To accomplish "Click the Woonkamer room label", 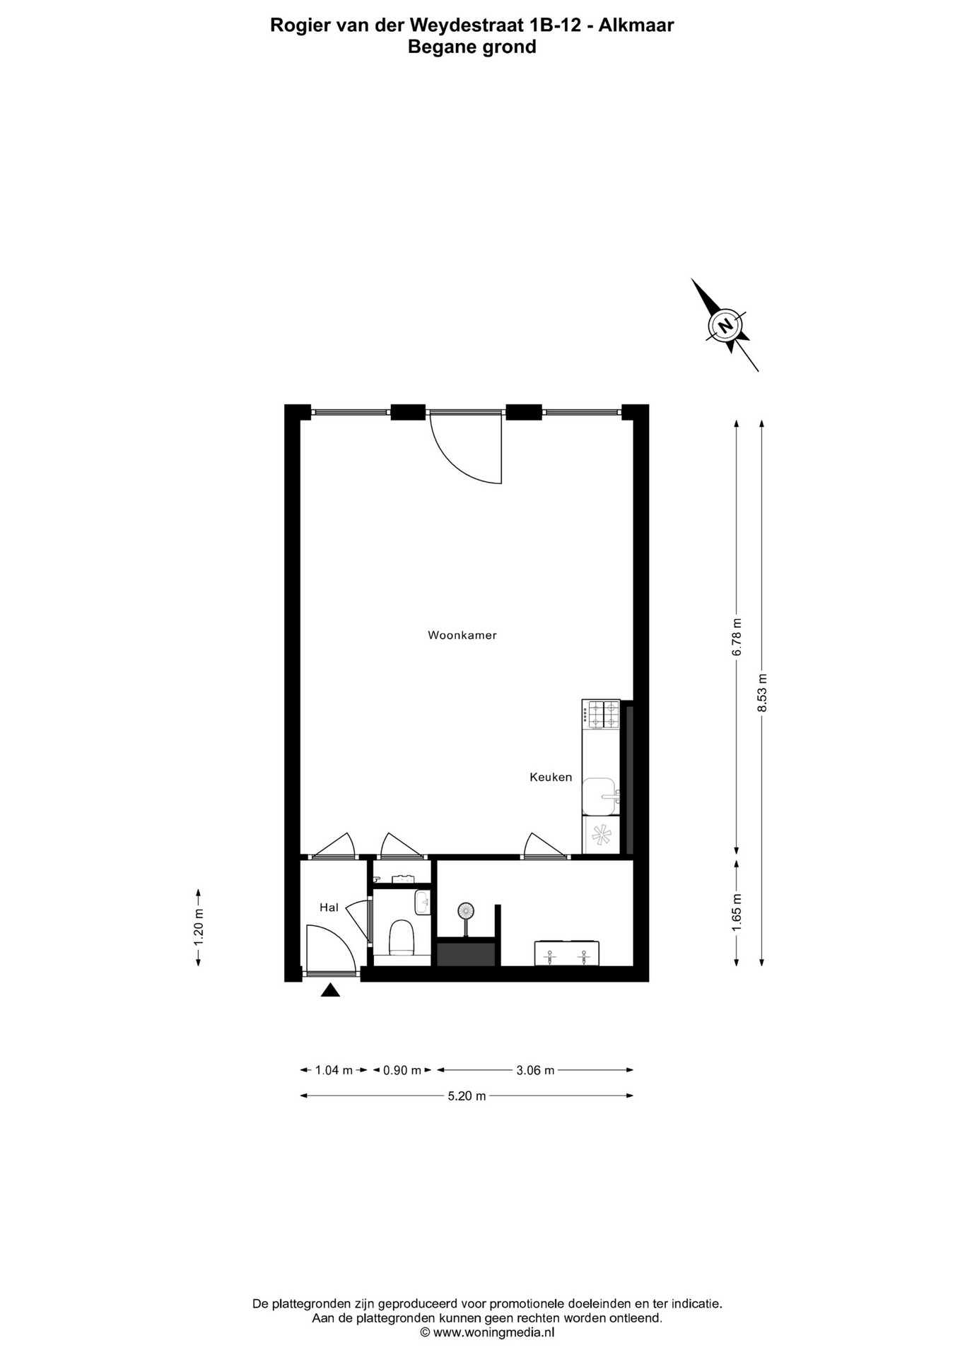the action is (x=462, y=635).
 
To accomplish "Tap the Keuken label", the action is (x=551, y=777).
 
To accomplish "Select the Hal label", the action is (x=329, y=907).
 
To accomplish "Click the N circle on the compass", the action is (x=725, y=325).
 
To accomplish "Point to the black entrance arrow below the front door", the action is (x=330, y=990).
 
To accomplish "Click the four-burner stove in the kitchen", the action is (x=601, y=715).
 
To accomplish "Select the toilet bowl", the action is (x=401, y=937).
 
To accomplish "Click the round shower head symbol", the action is (x=466, y=911).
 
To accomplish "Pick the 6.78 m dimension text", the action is (x=737, y=637).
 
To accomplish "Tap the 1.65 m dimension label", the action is (x=737, y=912).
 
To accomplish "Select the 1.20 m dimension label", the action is (x=199, y=927).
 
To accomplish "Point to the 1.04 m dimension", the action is (x=334, y=1070).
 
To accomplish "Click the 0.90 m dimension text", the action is (x=402, y=1070).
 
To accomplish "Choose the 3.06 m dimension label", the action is (x=535, y=1070).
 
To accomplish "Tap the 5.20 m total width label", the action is (x=467, y=1096).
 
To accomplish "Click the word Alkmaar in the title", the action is (x=636, y=25).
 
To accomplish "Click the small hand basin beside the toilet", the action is (x=423, y=903).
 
